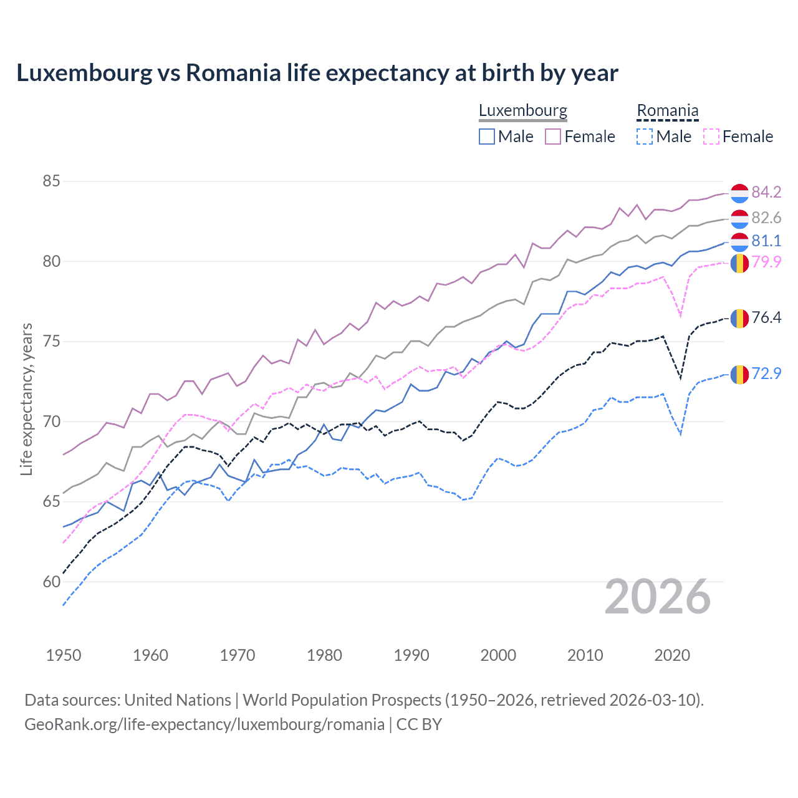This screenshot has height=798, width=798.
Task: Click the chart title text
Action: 317,73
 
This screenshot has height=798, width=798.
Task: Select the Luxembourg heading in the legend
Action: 522,110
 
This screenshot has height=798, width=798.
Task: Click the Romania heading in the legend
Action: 667,110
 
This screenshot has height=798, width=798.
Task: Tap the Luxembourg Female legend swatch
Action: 553,137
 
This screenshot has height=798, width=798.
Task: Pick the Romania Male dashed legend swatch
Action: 645,137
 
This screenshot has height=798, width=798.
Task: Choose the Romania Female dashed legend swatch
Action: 711,137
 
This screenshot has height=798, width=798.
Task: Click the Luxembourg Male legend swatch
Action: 487,137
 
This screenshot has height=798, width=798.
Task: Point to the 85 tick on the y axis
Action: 51,181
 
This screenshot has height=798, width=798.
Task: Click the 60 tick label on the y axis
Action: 51,582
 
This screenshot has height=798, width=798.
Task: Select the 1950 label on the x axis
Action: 64,655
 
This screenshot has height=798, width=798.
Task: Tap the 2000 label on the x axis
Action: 498,655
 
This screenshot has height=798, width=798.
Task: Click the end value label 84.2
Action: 766,192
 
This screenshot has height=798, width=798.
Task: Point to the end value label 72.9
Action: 766,373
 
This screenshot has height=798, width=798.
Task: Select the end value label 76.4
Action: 766,317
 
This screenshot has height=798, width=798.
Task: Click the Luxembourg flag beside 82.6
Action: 739,218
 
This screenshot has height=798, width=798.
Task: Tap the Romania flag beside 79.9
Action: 739,263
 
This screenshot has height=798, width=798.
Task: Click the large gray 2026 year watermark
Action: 658,597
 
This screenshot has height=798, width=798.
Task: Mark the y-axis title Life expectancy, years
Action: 26,399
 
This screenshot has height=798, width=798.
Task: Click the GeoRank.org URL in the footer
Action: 204,724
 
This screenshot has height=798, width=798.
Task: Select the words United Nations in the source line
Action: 178,700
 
